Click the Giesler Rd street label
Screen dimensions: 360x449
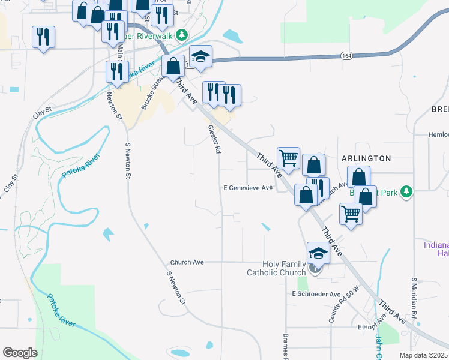212,139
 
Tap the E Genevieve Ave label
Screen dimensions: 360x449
248,188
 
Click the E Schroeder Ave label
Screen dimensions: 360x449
316,294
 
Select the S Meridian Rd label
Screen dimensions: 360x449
414,301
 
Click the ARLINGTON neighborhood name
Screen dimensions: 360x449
367,158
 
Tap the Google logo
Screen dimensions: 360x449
20,353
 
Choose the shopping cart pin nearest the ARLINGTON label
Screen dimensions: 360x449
288,159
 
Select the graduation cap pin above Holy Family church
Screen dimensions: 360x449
318,253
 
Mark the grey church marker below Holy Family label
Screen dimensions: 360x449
317,271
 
